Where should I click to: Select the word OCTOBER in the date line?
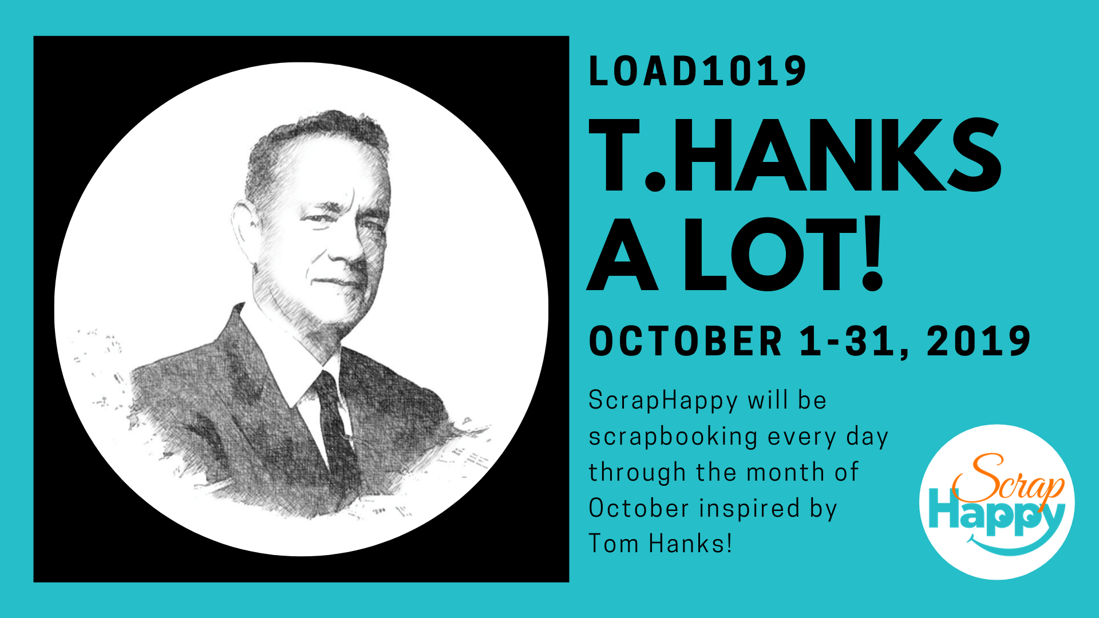click(685, 341)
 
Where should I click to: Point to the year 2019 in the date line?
click(978, 341)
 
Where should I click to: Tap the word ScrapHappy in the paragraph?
click(663, 401)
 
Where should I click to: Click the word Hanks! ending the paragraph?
click(690, 544)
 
